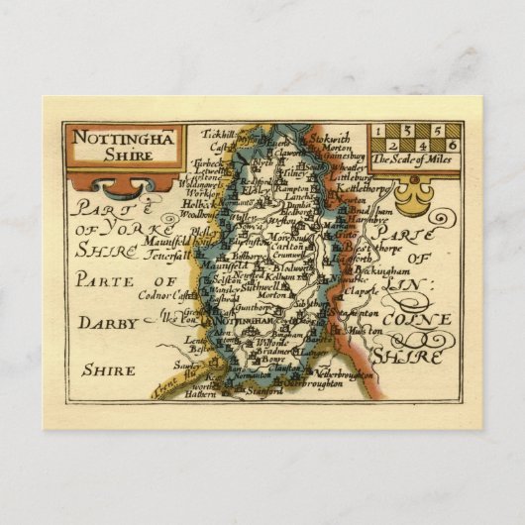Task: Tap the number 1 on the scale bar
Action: (379, 130)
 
